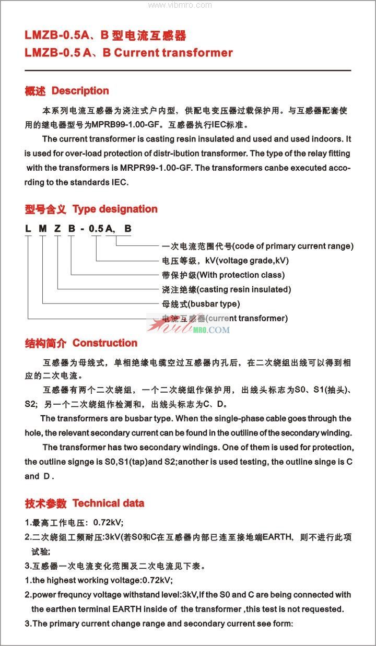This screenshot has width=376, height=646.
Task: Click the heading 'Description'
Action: (80, 91)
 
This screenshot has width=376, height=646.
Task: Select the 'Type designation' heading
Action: (115, 209)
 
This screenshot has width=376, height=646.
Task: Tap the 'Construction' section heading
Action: (104, 343)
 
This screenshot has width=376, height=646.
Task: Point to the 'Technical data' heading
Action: (108, 503)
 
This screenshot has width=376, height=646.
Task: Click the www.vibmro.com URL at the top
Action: (180, 5)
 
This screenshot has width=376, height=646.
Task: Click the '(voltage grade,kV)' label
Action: (252, 261)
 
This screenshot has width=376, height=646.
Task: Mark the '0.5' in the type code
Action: (96, 228)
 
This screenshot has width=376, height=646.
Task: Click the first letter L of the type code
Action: (27, 228)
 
